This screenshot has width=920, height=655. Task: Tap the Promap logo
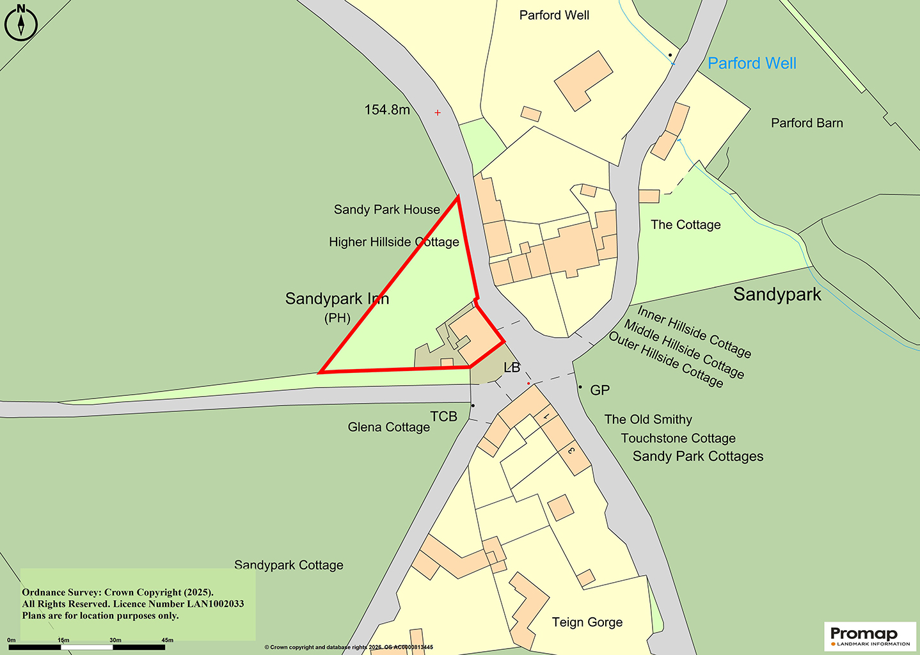870,636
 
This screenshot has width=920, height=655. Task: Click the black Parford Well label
554,15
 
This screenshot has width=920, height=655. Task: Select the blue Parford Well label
752,63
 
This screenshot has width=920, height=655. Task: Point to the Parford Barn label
807,123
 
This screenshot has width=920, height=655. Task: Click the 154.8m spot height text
387,110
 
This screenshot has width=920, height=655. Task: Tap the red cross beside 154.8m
438,113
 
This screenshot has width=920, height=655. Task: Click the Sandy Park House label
386,210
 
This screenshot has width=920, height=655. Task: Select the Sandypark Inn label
337,299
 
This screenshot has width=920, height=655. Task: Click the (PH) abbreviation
337,318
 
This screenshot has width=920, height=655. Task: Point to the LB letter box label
512,368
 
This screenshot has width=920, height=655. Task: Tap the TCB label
443,416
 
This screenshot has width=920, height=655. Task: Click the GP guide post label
599,390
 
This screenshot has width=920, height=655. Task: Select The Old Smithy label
648,420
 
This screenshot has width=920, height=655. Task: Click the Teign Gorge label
587,622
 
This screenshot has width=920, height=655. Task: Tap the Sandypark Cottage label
289,565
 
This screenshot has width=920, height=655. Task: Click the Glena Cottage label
388,427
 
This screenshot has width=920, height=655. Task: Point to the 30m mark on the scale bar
115,640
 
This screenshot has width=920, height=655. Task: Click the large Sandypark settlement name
777,294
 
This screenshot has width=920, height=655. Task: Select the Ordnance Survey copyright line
118,592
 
